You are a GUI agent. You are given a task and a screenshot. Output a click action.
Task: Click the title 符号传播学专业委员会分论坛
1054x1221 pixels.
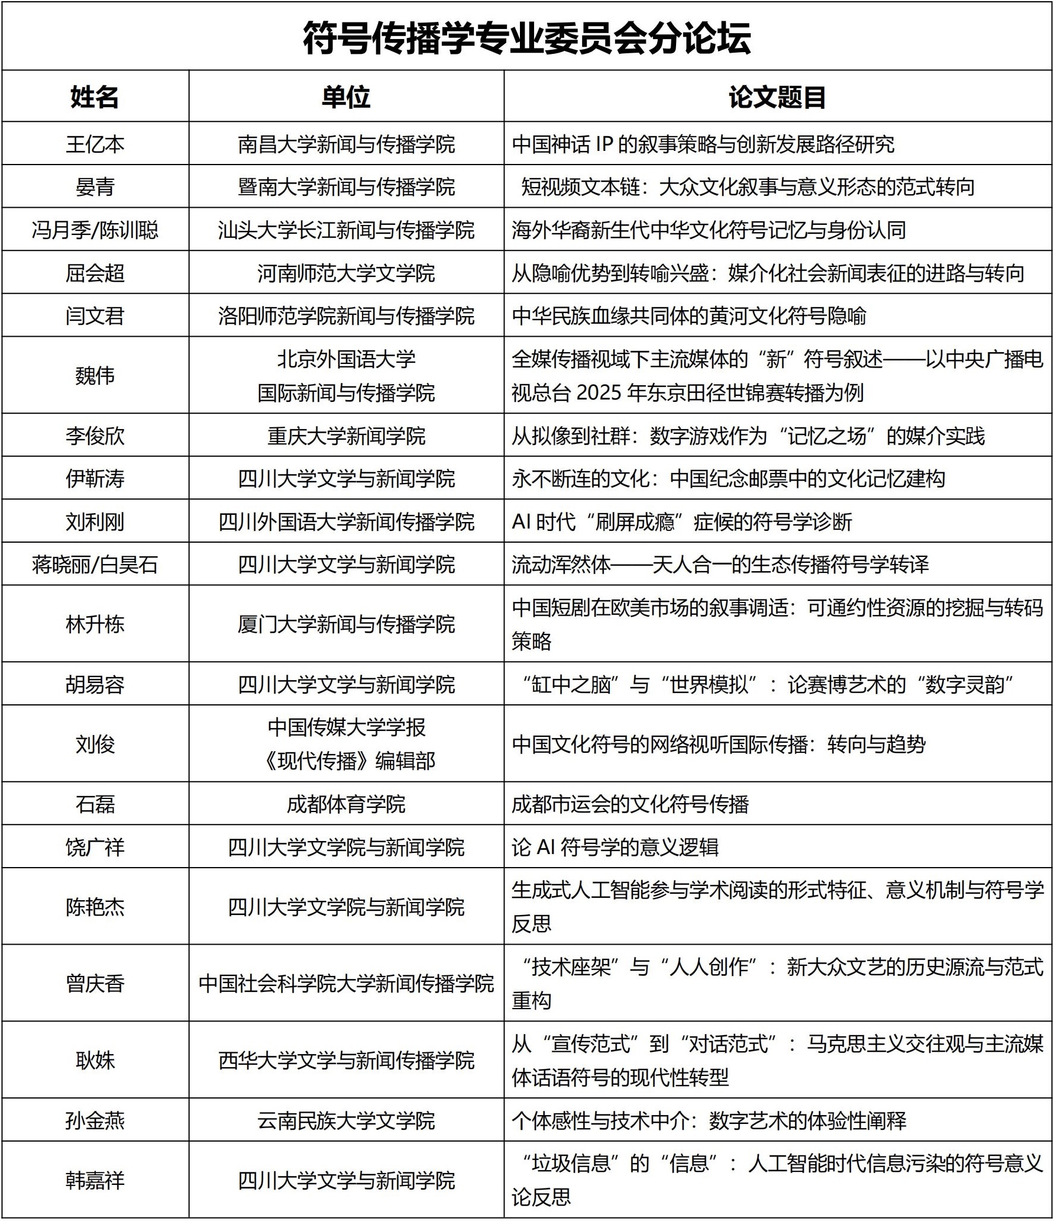point(526,38)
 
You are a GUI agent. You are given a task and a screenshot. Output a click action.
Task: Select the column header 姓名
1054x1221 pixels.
point(95,97)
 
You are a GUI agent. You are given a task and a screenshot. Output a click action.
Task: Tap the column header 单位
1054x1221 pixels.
point(346,97)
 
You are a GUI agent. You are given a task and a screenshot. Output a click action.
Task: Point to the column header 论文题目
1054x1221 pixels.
point(777,97)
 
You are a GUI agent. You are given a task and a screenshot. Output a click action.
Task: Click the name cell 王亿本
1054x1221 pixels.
point(95,144)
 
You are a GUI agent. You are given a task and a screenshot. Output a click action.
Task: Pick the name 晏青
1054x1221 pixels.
point(95,187)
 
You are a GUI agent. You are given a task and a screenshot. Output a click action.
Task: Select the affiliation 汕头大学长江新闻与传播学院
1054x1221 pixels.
point(346,230)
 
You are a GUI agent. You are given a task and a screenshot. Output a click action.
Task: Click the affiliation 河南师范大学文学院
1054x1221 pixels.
point(346,273)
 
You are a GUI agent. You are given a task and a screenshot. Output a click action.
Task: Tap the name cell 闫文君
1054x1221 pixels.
point(95,315)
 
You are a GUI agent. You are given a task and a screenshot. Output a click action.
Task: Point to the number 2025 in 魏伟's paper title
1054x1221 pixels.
point(599,392)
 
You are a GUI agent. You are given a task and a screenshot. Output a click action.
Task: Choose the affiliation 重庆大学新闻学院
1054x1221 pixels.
point(346,436)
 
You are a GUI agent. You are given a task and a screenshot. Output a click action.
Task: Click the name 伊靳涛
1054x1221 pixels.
point(95,478)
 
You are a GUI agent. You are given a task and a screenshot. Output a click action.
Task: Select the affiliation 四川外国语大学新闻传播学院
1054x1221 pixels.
point(346,521)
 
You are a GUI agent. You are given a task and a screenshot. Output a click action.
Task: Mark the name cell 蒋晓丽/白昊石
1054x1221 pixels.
point(95,565)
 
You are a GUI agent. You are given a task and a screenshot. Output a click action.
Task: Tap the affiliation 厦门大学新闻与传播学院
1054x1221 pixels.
point(346,624)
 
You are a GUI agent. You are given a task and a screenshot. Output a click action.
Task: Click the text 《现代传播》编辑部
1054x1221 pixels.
point(348,761)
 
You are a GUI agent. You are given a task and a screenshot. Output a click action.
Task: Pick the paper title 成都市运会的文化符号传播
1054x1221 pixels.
point(631,804)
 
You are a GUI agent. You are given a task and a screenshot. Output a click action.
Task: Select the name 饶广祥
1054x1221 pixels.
point(95,847)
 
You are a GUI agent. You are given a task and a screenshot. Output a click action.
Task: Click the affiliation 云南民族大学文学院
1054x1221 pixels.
point(346,1120)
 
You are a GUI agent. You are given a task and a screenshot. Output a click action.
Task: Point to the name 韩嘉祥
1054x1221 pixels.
point(95,1181)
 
